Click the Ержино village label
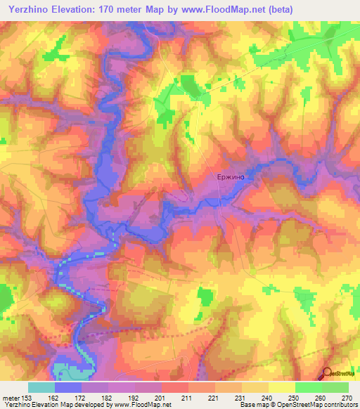click(230, 178)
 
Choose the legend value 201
click(162, 397)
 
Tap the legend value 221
click(214, 397)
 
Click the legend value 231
click(241, 397)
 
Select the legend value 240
click(267, 397)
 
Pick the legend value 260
click(320, 397)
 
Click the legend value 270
click(346, 397)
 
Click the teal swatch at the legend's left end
click(41, 387)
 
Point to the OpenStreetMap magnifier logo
click(328, 374)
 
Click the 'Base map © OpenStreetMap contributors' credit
click(296, 405)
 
